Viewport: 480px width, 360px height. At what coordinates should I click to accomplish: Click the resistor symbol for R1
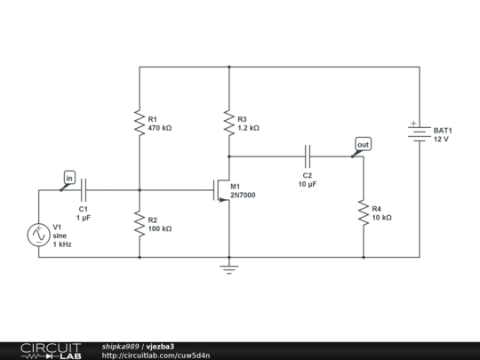(140, 123)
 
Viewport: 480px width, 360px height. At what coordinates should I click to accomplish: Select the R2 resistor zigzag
(140, 224)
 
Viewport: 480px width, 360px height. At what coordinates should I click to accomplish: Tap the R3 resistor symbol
(229, 123)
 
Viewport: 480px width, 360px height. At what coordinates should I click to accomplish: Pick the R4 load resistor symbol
(364, 212)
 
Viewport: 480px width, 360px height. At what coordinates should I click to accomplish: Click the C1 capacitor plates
(84, 190)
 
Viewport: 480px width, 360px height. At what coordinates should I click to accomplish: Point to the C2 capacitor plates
(308, 156)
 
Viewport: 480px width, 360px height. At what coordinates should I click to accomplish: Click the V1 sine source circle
(38, 235)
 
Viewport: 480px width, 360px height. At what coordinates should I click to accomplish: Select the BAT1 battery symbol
(420, 134)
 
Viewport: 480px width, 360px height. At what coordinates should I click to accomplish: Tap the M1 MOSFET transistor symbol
(221, 190)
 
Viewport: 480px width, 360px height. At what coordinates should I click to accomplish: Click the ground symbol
(229, 268)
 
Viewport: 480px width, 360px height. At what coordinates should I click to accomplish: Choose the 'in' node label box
(69, 178)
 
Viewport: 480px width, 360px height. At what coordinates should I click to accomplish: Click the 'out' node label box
(364, 144)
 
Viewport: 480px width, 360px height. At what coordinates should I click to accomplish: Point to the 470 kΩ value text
(160, 128)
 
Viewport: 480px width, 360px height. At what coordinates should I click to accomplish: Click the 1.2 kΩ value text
(249, 128)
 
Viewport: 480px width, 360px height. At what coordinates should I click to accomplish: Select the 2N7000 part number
(243, 195)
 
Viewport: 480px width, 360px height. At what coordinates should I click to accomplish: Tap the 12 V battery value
(441, 139)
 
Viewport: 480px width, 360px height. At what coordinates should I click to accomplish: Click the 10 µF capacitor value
(308, 184)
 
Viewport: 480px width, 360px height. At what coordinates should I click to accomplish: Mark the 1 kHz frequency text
(62, 244)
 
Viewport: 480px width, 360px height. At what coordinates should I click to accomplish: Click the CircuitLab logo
(51, 351)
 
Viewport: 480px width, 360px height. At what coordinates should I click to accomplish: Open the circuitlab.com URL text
(156, 356)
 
